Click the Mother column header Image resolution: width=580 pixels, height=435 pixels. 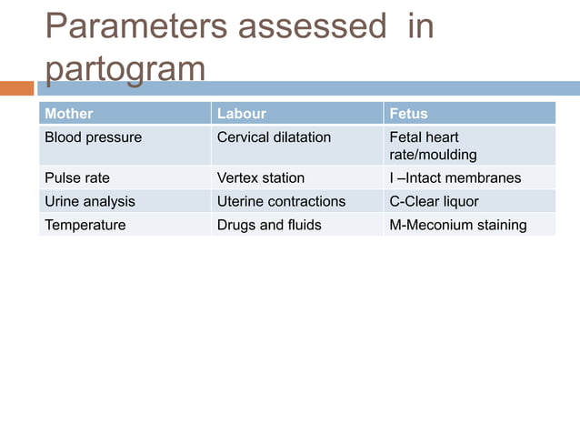69,114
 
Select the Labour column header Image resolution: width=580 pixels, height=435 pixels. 242,114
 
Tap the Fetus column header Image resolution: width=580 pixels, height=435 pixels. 408,114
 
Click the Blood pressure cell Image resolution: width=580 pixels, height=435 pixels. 94,137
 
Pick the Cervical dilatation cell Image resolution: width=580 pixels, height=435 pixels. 274,137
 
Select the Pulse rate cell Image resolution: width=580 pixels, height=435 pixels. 77,177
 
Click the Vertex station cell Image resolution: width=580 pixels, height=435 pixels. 261,177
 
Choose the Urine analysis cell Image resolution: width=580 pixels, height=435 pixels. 90,201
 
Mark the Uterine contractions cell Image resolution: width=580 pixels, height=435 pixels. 281,201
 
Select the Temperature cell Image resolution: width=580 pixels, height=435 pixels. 85,225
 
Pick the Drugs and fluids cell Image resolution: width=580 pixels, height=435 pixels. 269,225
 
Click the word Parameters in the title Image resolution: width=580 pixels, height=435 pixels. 135,27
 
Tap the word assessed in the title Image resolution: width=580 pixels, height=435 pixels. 311,27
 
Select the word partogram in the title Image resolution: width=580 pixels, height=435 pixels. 125,70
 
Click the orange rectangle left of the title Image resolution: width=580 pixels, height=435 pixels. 16,88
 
